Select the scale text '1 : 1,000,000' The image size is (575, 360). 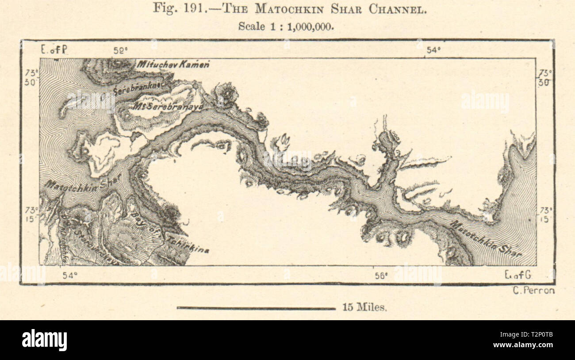click(x=306, y=26)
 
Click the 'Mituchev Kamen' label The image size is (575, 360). click(x=172, y=65)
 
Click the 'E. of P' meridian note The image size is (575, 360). click(x=54, y=50)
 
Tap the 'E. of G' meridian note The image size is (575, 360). click(x=518, y=275)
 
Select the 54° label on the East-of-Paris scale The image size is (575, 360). click(x=433, y=50)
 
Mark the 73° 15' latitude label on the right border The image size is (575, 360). click(x=545, y=214)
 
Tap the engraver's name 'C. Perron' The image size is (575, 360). click(x=534, y=291)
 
